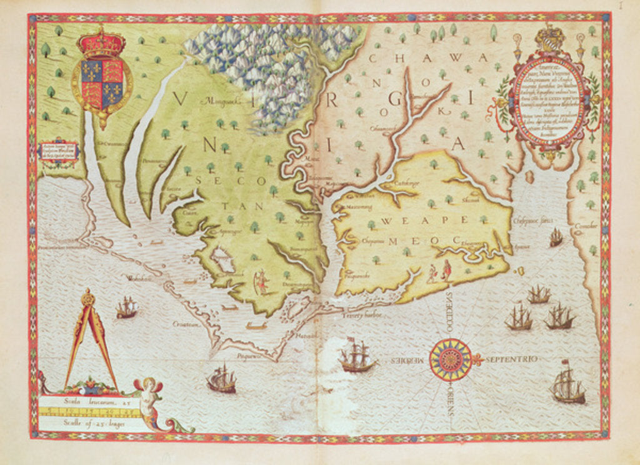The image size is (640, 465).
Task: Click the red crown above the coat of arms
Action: [x=101, y=42]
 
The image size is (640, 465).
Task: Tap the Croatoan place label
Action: [x=187, y=324]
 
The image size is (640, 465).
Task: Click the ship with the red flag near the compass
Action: [x=357, y=356]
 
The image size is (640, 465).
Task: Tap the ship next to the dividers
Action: [x=126, y=307]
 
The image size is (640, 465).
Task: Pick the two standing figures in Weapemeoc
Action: [x=439, y=272]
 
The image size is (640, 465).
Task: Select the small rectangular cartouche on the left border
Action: [x=58, y=151]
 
